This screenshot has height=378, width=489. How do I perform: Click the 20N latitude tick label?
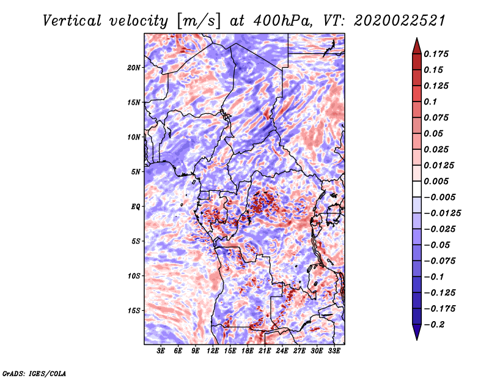[x=134, y=68]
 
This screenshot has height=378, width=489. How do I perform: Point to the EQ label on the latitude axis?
[x=136, y=207]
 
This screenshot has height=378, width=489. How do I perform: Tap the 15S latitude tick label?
[x=134, y=311]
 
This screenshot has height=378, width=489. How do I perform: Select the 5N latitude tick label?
[x=136, y=172]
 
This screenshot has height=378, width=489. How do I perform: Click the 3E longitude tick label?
[x=161, y=350]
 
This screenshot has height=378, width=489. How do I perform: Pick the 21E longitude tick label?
[x=265, y=350]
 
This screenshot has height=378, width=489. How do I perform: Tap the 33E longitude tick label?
[x=334, y=350]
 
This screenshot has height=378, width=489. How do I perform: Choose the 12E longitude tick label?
[x=212, y=350]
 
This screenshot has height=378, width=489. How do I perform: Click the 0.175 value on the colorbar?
[x=436, y=54]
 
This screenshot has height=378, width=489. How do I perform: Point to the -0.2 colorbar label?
[x=434, y=325]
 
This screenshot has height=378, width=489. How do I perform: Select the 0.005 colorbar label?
[x=436, y=181]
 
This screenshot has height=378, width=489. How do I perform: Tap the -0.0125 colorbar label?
[x=442, y=213]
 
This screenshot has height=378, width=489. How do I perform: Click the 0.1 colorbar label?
[x=430, y=102]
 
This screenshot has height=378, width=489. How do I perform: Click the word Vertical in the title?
[x=72, y=21]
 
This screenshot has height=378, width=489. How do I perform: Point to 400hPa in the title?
[x=282, y=21]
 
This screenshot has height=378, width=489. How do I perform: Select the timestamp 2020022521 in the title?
[x=400, y=21]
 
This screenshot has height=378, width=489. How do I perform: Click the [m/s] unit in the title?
[x=199, y=21]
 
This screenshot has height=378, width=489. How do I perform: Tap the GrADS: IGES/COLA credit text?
[x=34, y=374]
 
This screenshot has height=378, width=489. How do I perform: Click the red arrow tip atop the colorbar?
[x=417, y=38]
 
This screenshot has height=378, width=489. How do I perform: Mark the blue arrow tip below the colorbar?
[x=417, y=339]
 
